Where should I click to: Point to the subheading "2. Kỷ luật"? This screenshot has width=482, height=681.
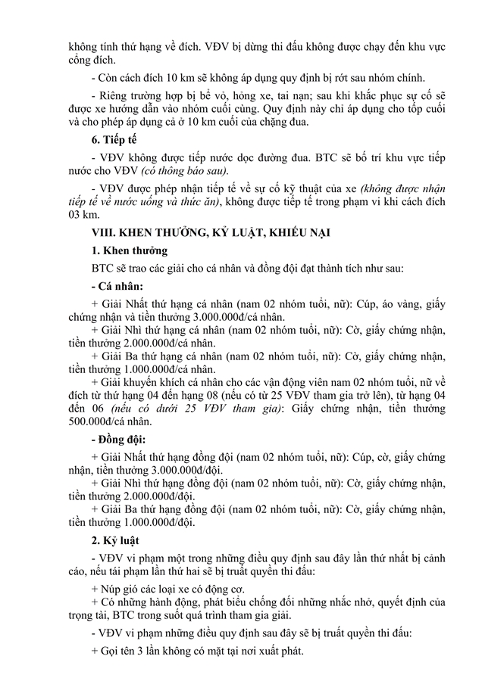click(117, 540)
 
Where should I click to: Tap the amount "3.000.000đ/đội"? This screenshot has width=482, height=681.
click(158, 470)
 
